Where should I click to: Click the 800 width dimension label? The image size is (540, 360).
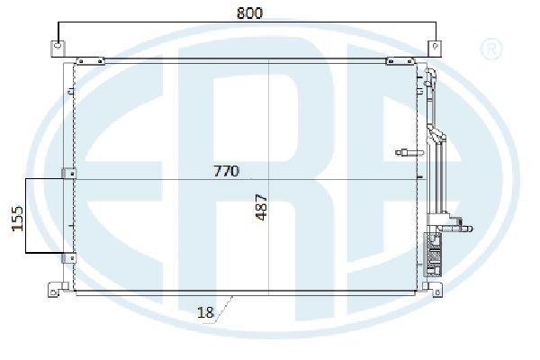(x=249, y=13)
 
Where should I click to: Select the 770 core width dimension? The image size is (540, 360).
(x=226, y=171)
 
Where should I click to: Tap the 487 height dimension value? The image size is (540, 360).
(x=261, y=207)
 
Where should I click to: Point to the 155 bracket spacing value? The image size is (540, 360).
(x=17, y=219)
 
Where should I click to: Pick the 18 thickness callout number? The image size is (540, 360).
(x=205, y=312)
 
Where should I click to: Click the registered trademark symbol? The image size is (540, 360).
(x=491, y=49)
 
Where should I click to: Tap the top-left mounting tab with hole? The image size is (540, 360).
(x=58, y=49)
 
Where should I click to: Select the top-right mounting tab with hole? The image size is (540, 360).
(x=435, y=49)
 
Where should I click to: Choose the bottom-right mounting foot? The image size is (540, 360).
(x=433, y=290)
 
